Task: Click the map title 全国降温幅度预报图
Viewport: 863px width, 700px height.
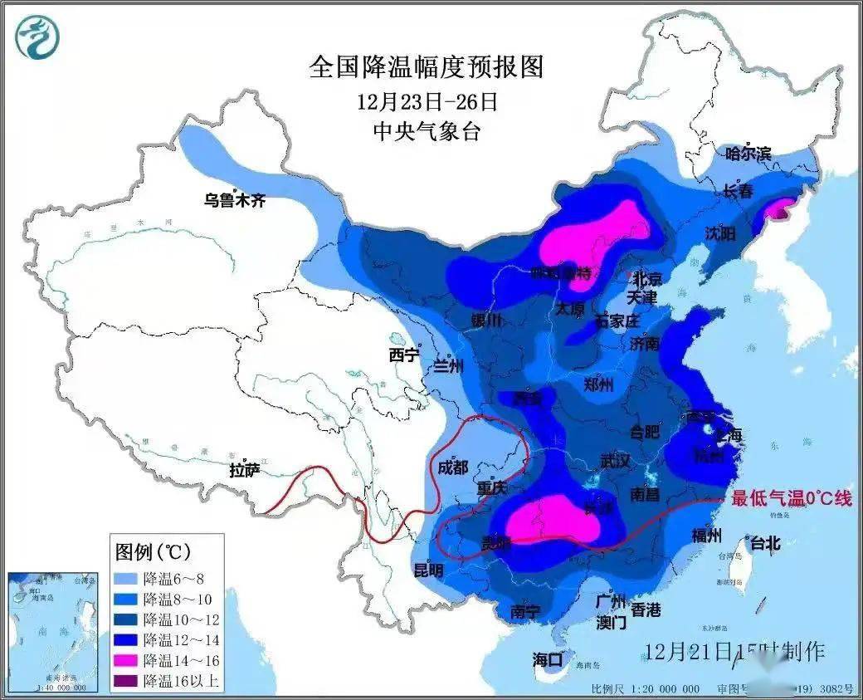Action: (427, 66)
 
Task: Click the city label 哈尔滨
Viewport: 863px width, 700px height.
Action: (748, 154)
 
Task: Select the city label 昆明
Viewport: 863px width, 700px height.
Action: (428, 570)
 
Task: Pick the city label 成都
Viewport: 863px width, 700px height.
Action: (452, 467)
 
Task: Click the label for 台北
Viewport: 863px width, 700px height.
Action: (765, 544)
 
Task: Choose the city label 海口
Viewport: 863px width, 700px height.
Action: (548, 660)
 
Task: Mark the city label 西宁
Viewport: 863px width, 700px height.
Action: (405, 356)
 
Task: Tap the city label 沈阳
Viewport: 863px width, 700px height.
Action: (719, 234)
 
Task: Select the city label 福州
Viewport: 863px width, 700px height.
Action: (707, 536)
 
